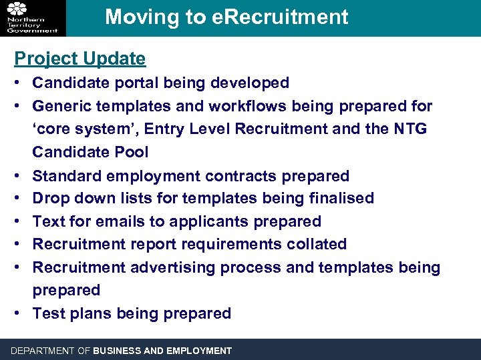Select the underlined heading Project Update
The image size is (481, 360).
click(x=80, y=59)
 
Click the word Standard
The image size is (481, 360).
click(x=66, y=176)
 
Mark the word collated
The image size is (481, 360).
click(x=317, y=244)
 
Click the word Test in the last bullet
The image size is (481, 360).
click(x=47, y=313)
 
